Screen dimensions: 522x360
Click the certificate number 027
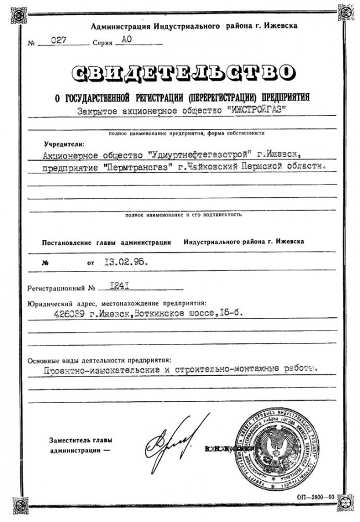(60, 40)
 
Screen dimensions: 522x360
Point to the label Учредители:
(64, 143)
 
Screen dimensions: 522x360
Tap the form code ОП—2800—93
(316, 497)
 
